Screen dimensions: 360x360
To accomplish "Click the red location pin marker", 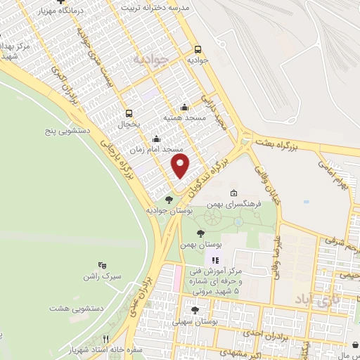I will click(x=181, y=167).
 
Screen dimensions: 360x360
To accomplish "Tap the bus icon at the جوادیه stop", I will click(x=198, y=50).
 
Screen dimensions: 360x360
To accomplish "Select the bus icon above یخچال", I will click(x=128, y=113).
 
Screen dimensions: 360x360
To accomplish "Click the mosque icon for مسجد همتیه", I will click(x=184, y=107).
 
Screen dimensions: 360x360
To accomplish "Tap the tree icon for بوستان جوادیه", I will click(x=168, y=199).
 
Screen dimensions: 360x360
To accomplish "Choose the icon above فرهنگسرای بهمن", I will click(x=233, y=193).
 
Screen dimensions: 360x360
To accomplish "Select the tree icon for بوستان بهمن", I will click(x=201, y=233).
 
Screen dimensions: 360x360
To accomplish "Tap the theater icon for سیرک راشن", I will click(x=102, y=265).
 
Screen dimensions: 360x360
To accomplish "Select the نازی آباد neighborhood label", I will click(x=326, y=301).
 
